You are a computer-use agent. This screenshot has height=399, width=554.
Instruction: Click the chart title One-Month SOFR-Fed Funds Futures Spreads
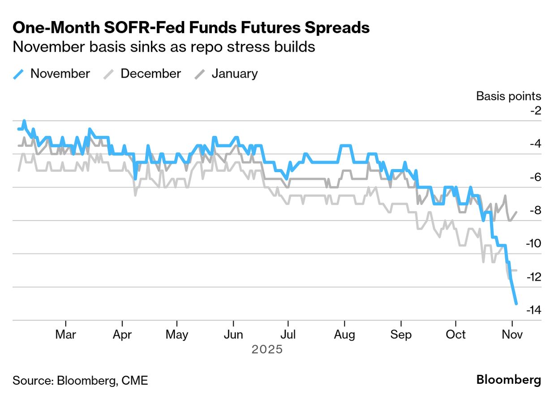[x=191, y=28]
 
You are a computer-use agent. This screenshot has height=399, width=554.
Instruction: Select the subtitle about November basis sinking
[x=164, y=47]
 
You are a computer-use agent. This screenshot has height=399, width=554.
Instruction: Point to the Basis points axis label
[x=508, y=96]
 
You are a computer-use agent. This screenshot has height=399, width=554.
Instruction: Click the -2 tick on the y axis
[x=535, y=111]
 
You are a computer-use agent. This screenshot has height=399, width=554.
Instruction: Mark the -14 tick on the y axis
[x=533, y=310]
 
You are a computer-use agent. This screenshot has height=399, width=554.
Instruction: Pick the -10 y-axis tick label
[x=533, y=244]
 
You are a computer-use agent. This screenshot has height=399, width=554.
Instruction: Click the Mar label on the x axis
[x=65, y=335]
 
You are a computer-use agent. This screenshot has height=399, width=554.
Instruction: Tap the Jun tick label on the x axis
[x=233, y=335]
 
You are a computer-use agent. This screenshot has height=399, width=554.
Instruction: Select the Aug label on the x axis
[x=344, y=335]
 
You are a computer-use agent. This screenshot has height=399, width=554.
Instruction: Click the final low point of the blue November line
[x=516, y=304]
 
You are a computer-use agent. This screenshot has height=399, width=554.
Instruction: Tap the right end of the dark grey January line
[x=517, y=212]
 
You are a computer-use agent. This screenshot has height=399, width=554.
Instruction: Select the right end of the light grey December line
[x=517, y=270]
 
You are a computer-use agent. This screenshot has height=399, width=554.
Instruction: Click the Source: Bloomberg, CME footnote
[x=80, y=381]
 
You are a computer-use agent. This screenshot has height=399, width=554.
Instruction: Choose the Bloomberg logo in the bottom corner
[x=508, y=380]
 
